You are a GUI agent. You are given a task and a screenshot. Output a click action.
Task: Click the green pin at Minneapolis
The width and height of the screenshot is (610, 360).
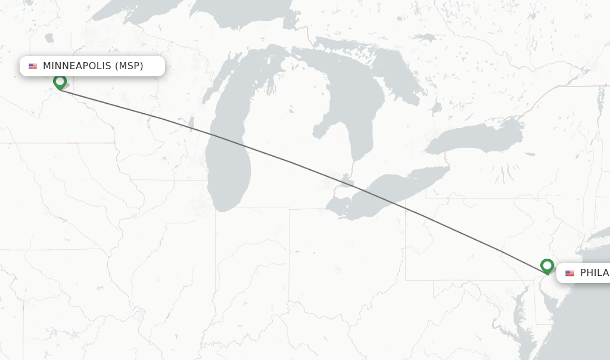[60, 82]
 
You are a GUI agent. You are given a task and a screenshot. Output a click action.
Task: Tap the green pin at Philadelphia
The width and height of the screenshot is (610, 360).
[547, 266]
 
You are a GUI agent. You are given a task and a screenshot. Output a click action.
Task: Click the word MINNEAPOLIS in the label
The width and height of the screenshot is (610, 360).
[77, 66]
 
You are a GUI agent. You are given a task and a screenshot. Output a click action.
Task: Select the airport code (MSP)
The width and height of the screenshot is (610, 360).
[129, 66]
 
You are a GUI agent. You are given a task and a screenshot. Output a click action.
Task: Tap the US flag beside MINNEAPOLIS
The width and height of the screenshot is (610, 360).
[33, 66]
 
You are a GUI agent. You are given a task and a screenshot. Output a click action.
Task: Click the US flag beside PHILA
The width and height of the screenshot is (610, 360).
[569, 273]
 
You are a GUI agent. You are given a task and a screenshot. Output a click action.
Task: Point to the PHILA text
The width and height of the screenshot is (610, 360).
[594, 272]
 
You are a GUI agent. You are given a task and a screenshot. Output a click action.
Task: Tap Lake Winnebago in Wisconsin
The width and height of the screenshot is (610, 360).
[191, 124]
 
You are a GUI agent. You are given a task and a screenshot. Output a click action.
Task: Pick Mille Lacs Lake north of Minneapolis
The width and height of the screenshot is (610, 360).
[49, 38]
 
